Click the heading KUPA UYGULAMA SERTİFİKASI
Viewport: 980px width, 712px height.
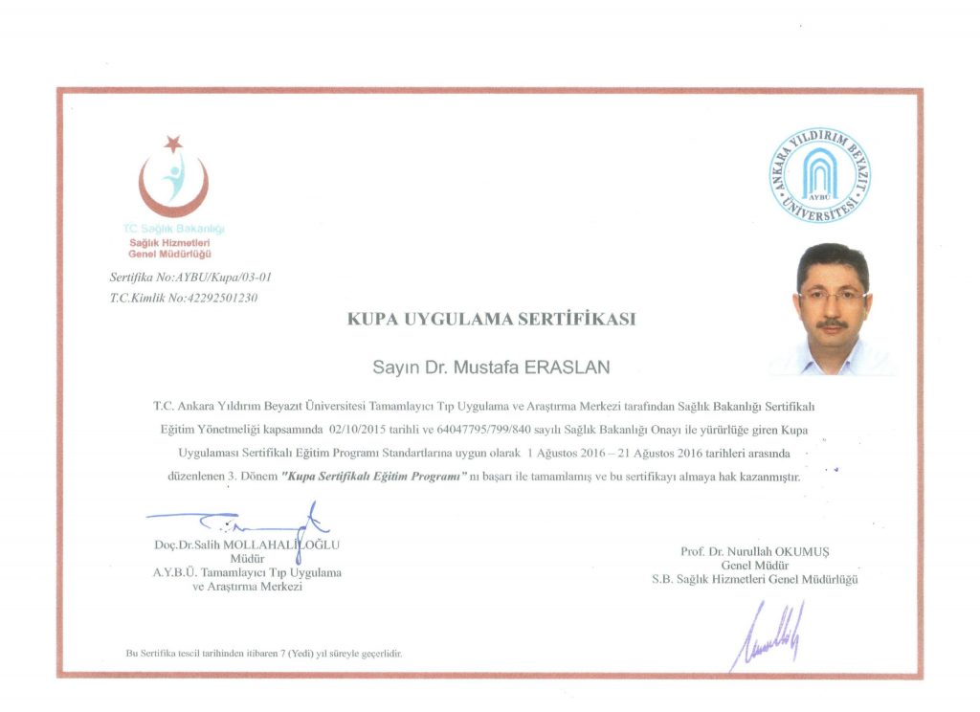tap(492, 320)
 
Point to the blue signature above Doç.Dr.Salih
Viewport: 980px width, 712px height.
tap(249, 523)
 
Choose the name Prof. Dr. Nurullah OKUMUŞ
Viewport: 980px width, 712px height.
tap(755, 551)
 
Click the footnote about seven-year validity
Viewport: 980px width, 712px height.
tap(264, 653)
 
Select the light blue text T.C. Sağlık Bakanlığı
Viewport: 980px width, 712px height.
tap(173, 229)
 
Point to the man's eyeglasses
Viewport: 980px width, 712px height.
tap(833, 296)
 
